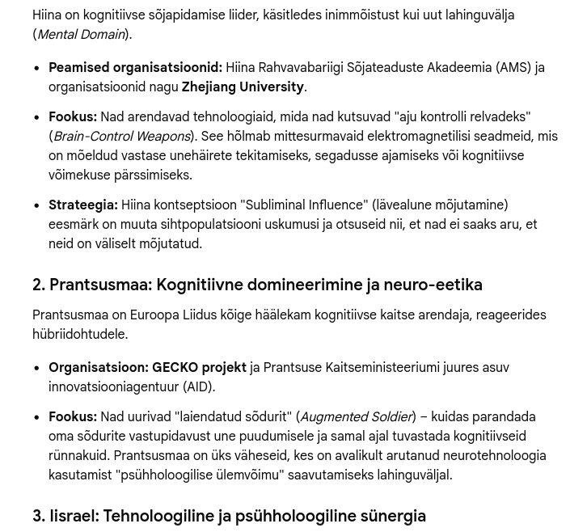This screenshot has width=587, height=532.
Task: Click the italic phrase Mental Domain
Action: tap(80, 35)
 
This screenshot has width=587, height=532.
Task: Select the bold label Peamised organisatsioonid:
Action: tap(135, 68)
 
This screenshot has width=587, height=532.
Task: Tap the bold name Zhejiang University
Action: tap(243, 87)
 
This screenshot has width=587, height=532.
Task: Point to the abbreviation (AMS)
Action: tap(513, 68)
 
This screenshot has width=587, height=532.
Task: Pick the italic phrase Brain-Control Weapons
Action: tap(122, 137)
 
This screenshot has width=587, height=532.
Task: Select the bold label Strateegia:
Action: tap(83, 205)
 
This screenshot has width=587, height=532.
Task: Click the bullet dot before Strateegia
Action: tap(37, 206)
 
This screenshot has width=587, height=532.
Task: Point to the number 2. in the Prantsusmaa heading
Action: tap(39, 285)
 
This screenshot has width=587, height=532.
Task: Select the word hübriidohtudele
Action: tap(79, 335)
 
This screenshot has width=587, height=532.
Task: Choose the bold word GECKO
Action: tap(175, 368)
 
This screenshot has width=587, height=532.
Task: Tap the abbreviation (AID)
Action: tap(198, 387)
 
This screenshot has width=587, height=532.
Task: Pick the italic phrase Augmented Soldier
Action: tap(356, 417)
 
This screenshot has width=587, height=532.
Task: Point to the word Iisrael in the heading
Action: tap(74, 516)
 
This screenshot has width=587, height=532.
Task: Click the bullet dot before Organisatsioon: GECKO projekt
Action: tap(37, 369)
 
